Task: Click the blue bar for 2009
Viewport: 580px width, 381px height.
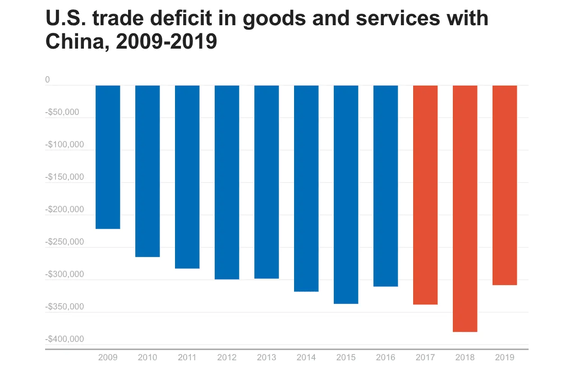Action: pyautogui.click(x=108, y=157)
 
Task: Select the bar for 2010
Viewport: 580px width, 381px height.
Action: pyautogui.click(x=147, y=171)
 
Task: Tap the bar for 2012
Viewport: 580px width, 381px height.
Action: pyautogui.click(x=227, y=182)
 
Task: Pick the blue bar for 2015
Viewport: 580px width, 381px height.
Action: pyautogui.click(x=346, y=194)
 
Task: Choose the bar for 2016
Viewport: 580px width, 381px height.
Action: pyautogui.click(x=386, y=186)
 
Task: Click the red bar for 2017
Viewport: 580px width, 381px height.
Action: pyautogui.click(x=425, y=195)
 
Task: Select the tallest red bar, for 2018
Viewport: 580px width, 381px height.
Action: pyautogui.click(x=465, y=208)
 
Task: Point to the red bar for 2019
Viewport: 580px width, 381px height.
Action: pyautogui.click(x=505, y=185)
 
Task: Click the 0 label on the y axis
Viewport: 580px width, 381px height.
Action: pyautogui.click(x=47, y=80)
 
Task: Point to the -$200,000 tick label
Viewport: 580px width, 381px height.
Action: pyautogui.click(x=64, y=209)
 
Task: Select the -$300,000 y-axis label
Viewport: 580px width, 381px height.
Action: pyautogui.click(x=64, y=274)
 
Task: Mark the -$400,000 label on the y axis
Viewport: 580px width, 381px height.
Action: pyautogui.click(x=64, y=339)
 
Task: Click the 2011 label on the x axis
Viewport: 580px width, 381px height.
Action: pyautogui.click(x=187, y=358)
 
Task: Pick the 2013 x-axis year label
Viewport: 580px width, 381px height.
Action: pyautogui.click(x=267, y=358)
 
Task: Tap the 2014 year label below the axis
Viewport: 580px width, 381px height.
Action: pyautogui.click(x=306, y=358)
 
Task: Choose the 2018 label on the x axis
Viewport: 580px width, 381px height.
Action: pyautogui.click(x=465, y=358)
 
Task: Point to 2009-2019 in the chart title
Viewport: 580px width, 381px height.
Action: pyautogui.click(x=166, y=42)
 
